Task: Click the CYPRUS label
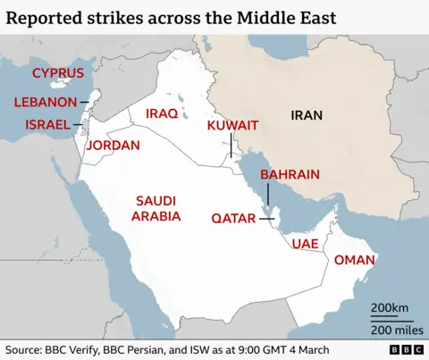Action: pos(57,73)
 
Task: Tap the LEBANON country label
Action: pos(45,103)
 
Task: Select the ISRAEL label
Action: pos(47,124)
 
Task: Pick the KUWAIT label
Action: pos(232,125)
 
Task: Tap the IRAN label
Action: pos(307,114)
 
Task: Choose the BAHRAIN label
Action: pos(290,175)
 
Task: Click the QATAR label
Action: pos(235,218)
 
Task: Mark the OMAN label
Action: pos(353,260)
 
